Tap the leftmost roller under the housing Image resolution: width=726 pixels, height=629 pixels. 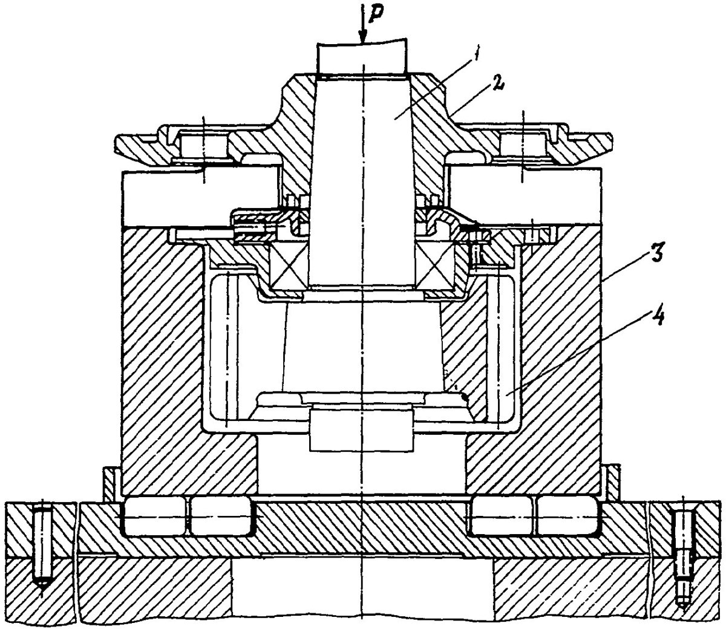(x=152, y=518)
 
